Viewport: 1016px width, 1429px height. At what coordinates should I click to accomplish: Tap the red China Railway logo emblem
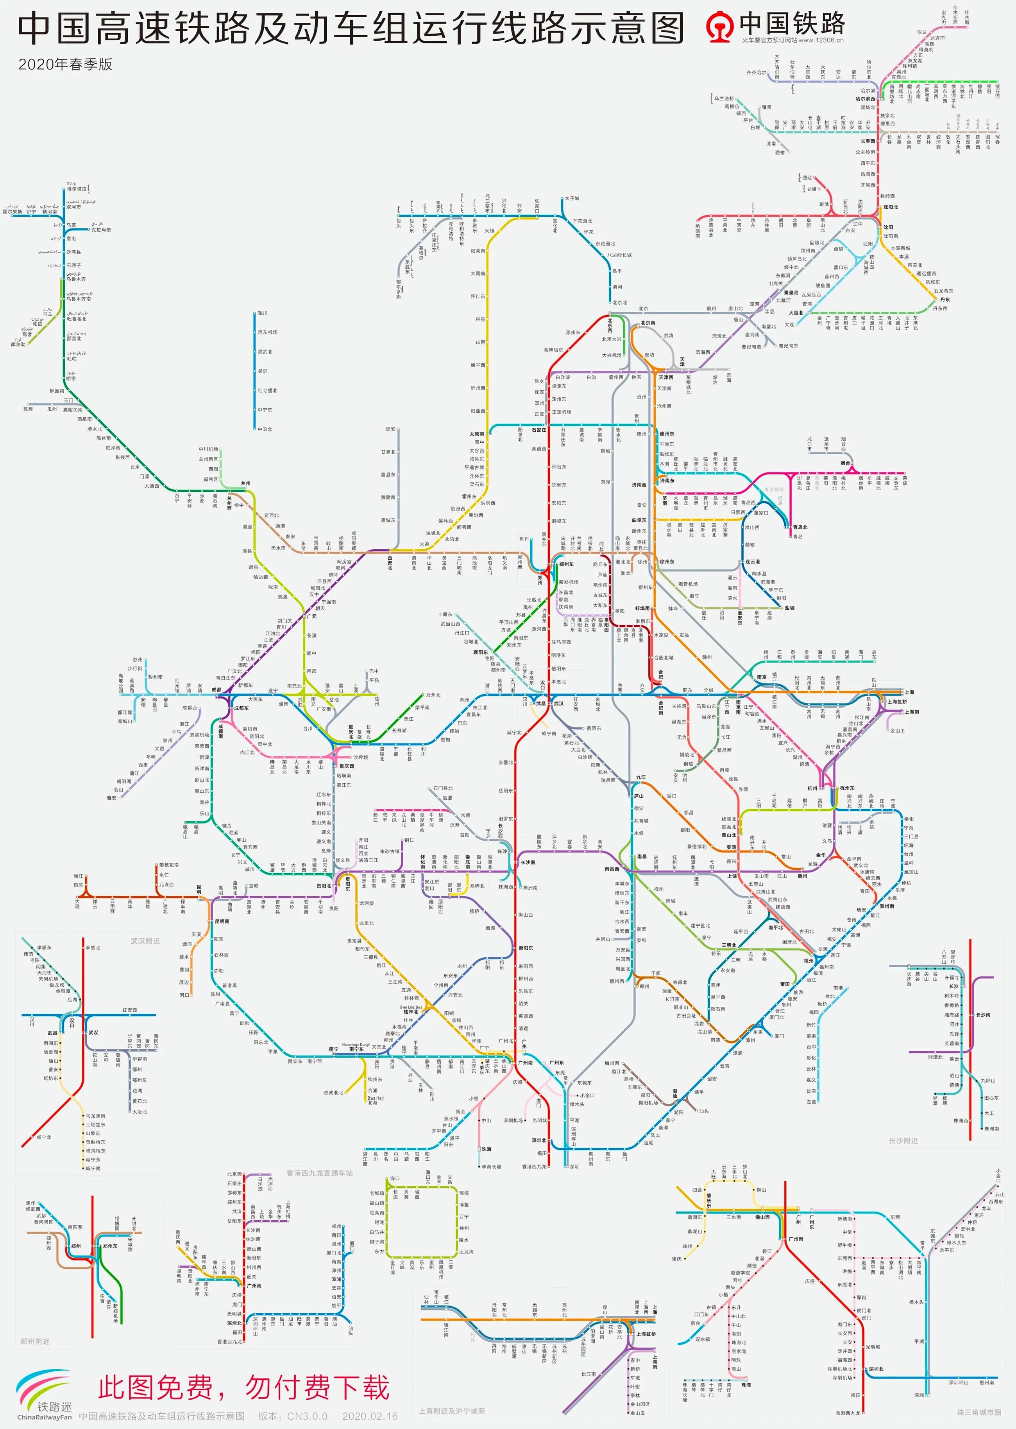coord(719,26)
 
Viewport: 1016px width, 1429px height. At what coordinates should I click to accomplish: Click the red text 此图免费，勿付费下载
coord(244,1388)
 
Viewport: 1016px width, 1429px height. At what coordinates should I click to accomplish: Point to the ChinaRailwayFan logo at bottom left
coord(44,1397)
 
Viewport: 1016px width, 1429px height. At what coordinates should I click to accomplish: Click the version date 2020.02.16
coord(370,1416)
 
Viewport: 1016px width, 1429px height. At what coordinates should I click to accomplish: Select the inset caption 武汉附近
coord(145,941)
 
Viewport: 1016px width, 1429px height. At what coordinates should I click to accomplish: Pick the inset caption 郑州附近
coord(34,1341)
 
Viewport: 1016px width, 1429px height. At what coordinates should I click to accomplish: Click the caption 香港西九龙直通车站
coord(320,1172)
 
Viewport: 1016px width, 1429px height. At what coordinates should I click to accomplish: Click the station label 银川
coord(263,313)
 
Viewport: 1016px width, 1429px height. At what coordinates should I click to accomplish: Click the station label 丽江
coord(78,876)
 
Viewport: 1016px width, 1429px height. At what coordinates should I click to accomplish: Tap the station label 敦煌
coord(28,409)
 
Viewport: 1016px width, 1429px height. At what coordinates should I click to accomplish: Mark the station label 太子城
coord(572,198)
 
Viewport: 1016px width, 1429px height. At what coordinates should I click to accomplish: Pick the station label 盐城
coord(789,608)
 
